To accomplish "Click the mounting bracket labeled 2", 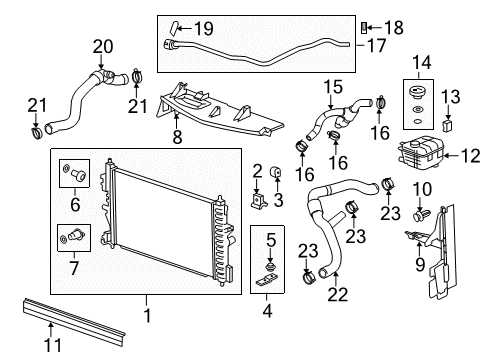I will pyautogui.click(x=258, y=201).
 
